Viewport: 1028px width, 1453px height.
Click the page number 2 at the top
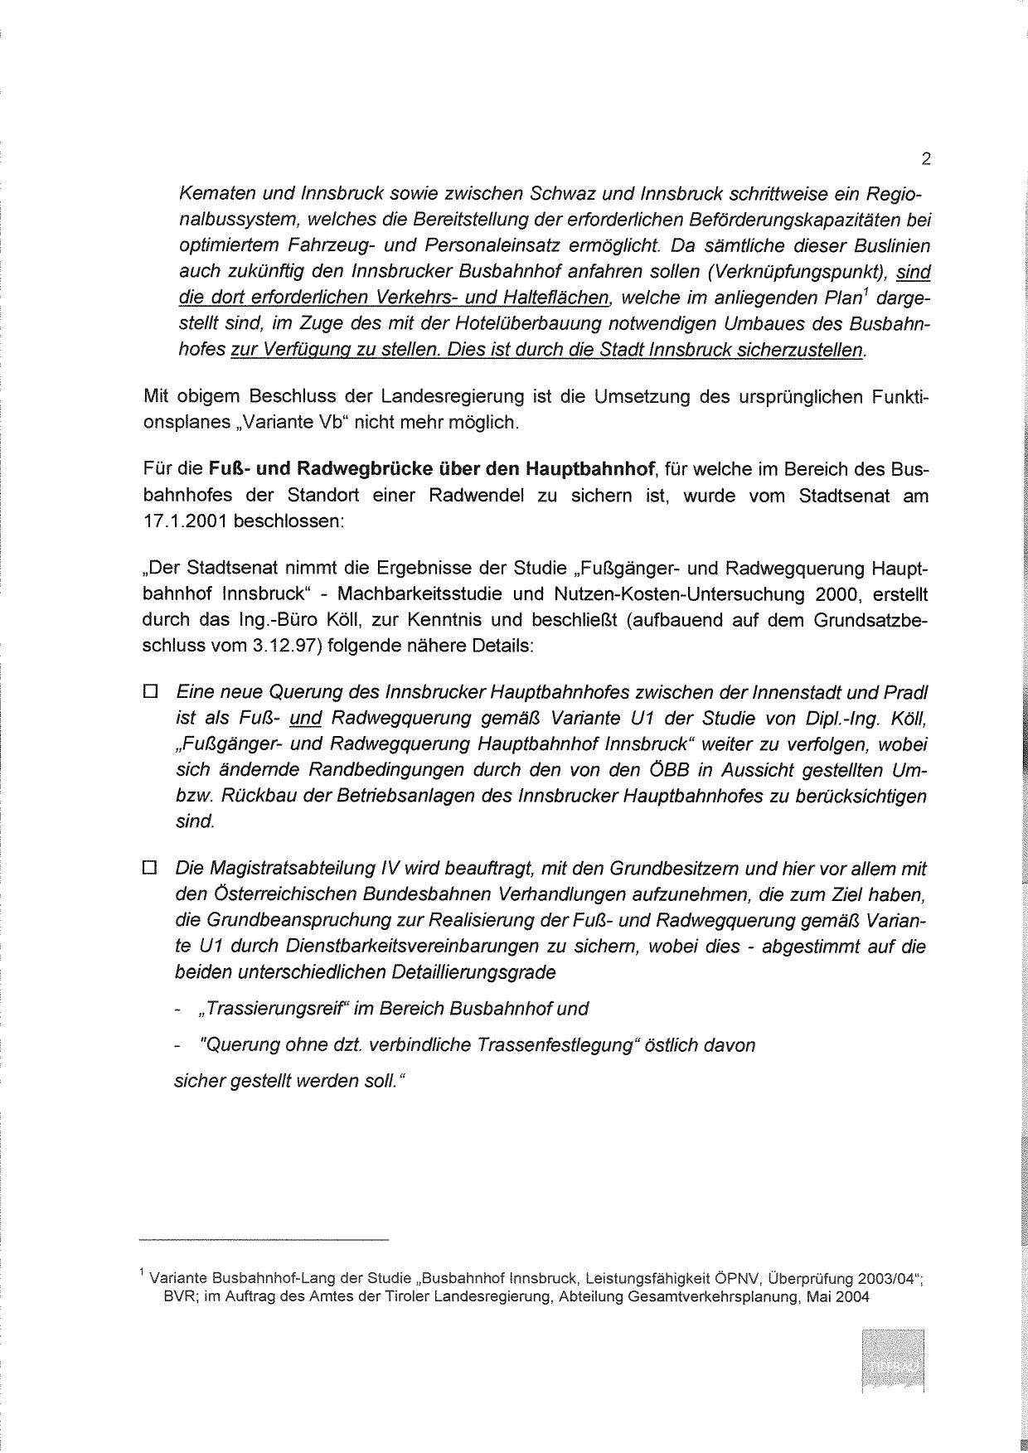[x=925, y=159]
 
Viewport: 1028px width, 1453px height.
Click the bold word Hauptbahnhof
[x=589, y=470]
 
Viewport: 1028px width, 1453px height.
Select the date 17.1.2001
[x=185, y=523]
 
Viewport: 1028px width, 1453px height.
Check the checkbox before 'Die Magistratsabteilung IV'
[x=150, y=869]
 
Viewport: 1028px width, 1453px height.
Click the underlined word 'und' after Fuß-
[x=305, y=718]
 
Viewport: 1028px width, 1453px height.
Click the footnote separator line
[x=264, y=1240]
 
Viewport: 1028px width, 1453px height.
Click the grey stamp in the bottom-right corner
[x=892, y=1361]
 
